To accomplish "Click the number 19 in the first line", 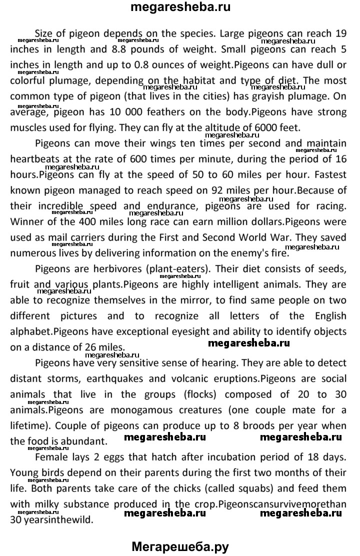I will pyautogui.click(x=339, y=34).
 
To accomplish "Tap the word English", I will pyautogui.click(x=328, y=315).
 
